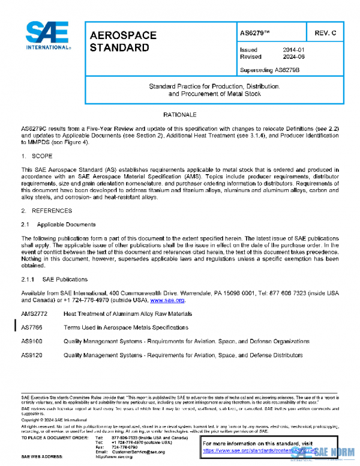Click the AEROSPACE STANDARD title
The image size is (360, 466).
(x=123, y=41)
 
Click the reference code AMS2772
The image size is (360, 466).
(x=33, y=314)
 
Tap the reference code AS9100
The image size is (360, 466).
(x=31, y=341)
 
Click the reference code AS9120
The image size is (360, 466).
(x=31, y=355)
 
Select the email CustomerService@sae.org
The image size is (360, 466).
(x=137, y=451)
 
